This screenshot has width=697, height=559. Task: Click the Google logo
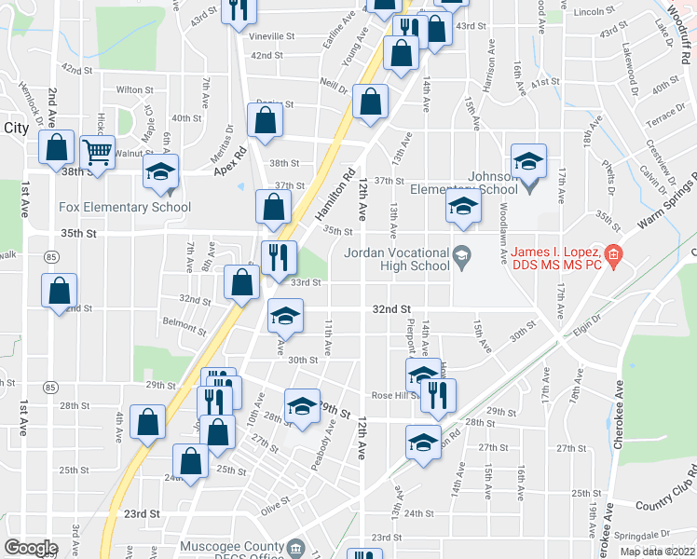pyautogui.click(x=31, y=548)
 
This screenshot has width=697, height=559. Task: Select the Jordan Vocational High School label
pyautogui.click(x=398, y=259)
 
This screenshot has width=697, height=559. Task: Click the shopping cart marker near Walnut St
pyautogui.click(x=97, y=150)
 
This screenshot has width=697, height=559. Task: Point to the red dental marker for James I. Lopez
pyautogui.click(x=612, y=253)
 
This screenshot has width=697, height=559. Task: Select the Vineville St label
pyautogui.click(x=272, y=37)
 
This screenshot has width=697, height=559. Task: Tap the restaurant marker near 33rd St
pyautogui.click(x=279, y=258)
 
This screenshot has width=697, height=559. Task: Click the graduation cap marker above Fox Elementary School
pyautogui.click(x=160, y=172)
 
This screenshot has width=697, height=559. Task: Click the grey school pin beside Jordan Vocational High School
pyautogui.click(x=460, y=254)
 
